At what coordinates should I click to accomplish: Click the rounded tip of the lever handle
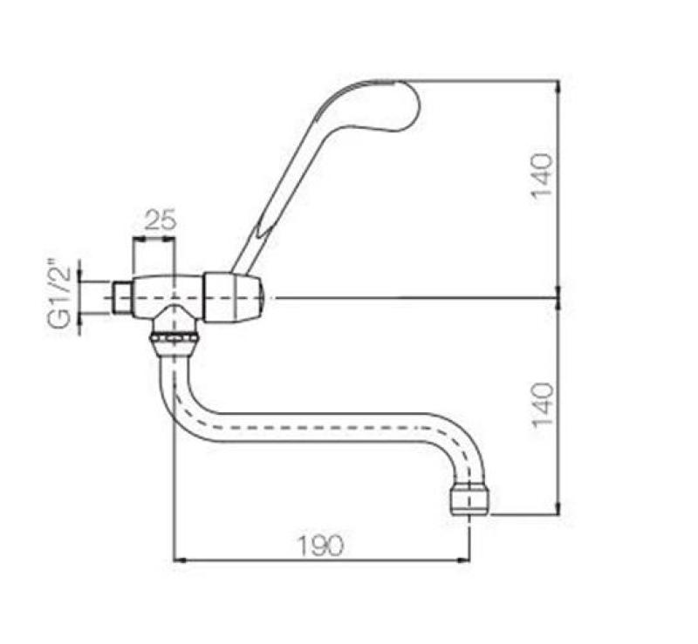[397, 103]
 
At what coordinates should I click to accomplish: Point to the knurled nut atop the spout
[174, 339]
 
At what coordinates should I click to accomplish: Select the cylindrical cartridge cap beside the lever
[233, 297]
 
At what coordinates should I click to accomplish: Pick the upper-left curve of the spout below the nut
[180, 392]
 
